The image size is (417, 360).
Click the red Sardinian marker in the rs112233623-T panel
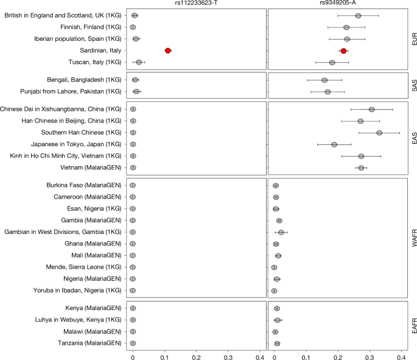(167, 51)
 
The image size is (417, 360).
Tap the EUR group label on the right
(413, 39)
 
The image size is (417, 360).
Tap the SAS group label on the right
(413, 86)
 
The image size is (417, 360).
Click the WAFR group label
(413, 238)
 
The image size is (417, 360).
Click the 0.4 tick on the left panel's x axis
(260, 355)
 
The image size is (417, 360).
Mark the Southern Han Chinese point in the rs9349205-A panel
(379, 133)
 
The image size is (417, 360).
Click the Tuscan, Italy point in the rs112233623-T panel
(139, 62)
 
